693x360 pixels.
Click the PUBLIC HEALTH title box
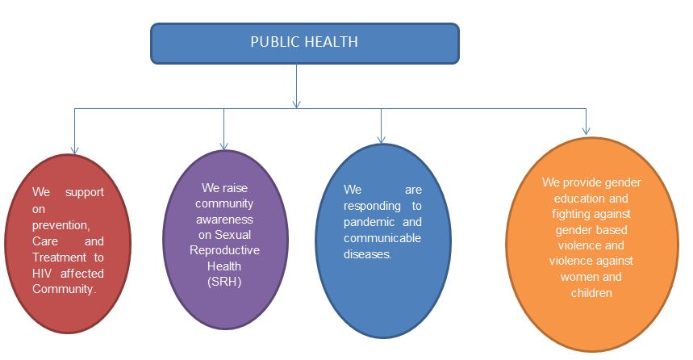(305, 43)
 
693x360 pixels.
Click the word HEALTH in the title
(331, 42)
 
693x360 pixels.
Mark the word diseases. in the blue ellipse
(368, 254)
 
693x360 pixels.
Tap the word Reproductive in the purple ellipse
(225, 250)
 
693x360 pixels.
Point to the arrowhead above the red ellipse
(74, 149)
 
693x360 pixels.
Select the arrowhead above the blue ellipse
(382, 139)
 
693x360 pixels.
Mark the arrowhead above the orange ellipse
(587, 130)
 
